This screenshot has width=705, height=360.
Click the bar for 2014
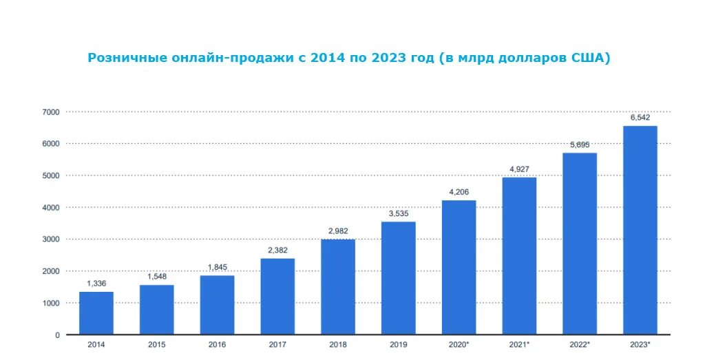tap(96, 313)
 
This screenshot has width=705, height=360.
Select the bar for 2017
tap(277, 297)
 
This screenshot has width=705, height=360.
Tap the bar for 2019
tap(398, 278)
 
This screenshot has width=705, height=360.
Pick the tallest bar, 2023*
tap(640, 230)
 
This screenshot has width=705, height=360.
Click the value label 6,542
tap(640, 118)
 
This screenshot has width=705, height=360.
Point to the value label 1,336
tap(96, 284)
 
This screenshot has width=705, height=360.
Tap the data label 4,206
tap(459, 192)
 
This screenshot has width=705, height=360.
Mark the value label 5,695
tap(579, 145)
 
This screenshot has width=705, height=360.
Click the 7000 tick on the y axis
tap(52, 112)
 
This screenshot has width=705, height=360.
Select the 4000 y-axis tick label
tap(52, 207)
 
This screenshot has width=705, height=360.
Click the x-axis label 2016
tap(217, 343)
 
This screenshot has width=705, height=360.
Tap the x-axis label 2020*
tap(459, 343)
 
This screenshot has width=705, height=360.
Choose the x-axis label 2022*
tap(580, 343)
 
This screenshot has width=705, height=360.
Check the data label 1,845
tap(217, 268)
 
